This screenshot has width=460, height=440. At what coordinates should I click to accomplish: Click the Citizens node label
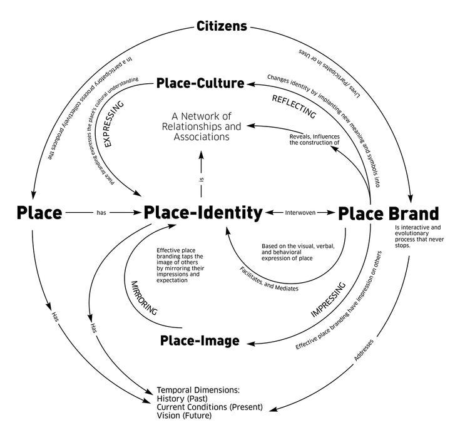click(x=222, y=26)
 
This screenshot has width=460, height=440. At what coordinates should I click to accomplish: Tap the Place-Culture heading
click(x=200, y=83)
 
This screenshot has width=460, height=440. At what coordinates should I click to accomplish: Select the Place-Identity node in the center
click(x=203, y=213)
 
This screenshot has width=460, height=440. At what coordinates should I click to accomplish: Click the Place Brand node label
click(x=389, y=213)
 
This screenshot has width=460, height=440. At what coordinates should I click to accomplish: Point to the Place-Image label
click(x=200, y=340)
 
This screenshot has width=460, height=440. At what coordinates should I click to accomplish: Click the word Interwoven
click(x=300, y=213)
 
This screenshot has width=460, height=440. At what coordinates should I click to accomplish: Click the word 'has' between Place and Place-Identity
click(x=101, y=213)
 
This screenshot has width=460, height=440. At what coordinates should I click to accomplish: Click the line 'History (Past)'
click(x=182, y=397)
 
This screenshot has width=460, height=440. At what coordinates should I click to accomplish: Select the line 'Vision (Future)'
click(x=185, y=415)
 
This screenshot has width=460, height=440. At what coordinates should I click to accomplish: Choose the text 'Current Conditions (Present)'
click(x=210, y=406)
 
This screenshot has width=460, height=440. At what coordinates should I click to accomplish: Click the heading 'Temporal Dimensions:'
click(x=198, y=389)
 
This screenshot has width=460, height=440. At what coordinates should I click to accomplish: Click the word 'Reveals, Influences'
click(x=314, y=135)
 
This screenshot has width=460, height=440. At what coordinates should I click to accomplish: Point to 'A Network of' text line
click(x=201, y=115)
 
